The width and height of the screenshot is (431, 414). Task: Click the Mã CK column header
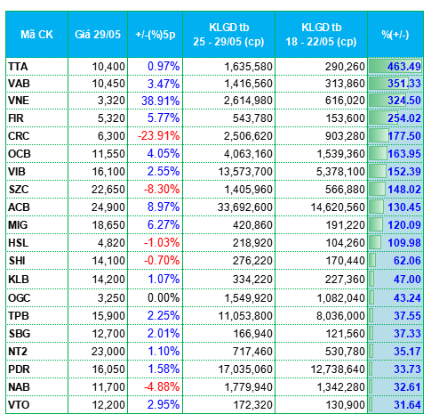click(36, 35)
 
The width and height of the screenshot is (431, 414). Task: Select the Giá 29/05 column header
click(98, 35)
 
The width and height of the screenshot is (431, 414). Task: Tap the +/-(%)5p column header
click(156, 35)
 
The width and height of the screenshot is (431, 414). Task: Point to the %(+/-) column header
click(395, 35)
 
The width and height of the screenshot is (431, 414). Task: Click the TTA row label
click(18, 67)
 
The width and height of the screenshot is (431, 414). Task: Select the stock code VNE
click(19, 101)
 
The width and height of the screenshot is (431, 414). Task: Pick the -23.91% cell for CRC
click(159, 136)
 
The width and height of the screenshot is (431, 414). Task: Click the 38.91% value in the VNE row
click(161, 101)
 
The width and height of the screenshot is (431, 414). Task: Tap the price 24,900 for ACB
click(108, 207)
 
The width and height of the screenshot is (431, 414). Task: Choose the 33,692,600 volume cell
click(245, 207)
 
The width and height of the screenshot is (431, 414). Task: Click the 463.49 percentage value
click(404, 67)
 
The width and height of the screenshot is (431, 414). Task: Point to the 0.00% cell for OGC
click(164, 297)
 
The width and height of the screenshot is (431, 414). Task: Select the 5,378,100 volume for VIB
click(340, 172)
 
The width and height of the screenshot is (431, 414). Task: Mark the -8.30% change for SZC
click(162, 190)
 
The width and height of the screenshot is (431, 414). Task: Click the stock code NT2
click(18, 352)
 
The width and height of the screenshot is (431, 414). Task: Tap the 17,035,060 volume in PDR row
click(245, 369)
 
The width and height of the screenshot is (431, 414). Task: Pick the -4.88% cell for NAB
click(162, 387)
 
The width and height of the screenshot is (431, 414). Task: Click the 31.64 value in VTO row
click(407, 405)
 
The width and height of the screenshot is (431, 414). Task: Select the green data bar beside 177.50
click(379, 136)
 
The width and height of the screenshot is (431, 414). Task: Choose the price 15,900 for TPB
click(108, 315)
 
